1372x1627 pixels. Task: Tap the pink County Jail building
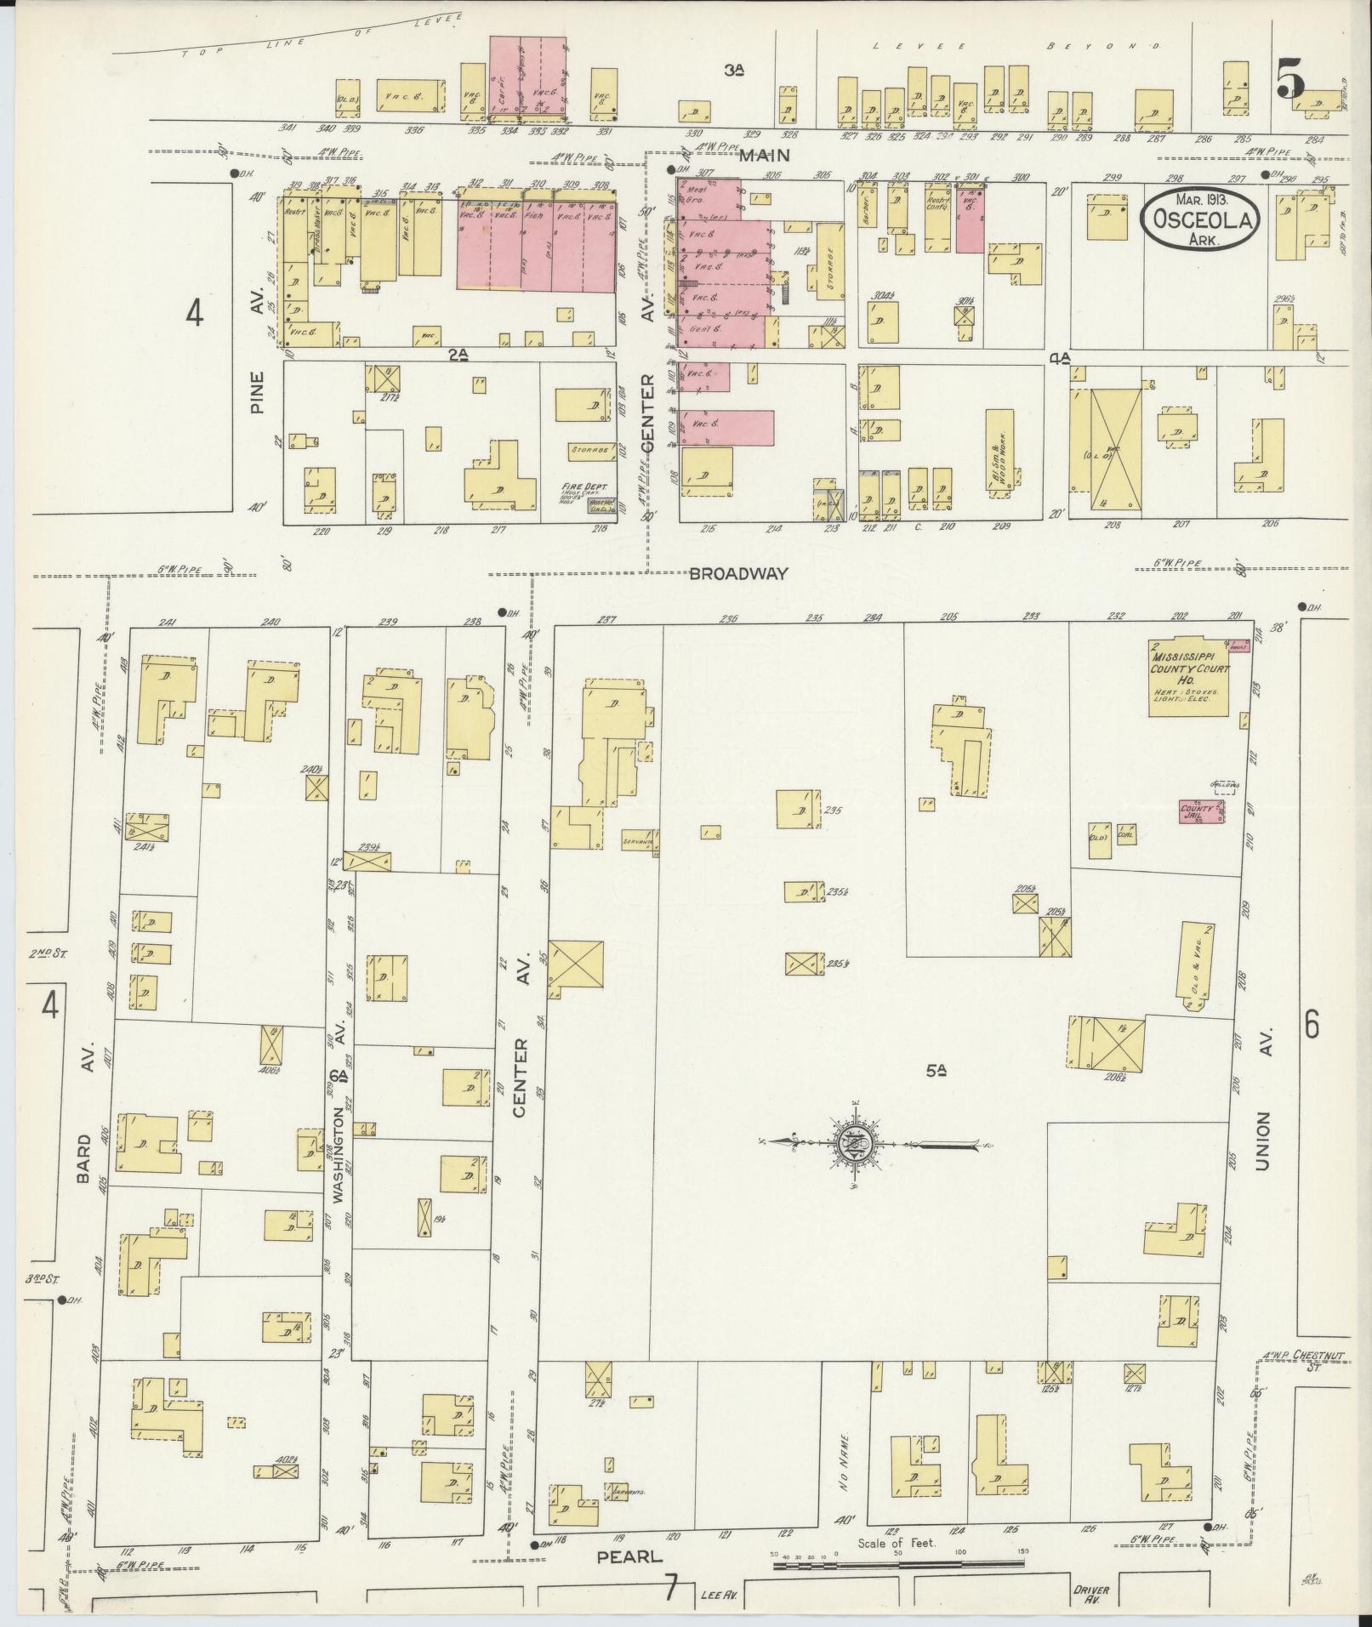(1200, 811)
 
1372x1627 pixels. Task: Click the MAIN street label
(764, 156)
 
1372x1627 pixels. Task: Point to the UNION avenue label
(1261, 1141)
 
